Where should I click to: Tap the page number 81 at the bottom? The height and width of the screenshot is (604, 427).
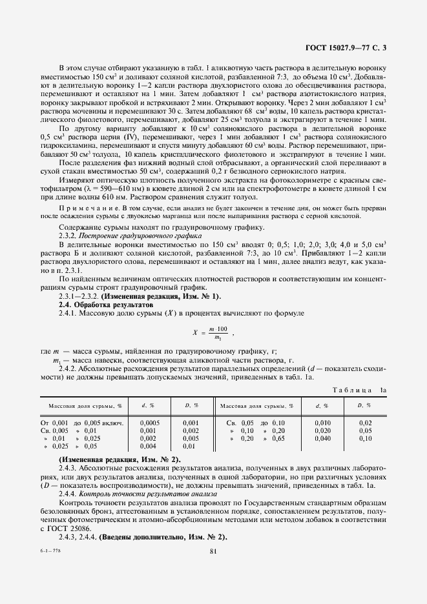(x=213, y=550)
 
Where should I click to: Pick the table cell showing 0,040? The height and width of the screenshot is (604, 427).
(x=322, y=438)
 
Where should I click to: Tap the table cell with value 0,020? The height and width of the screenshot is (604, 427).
(x=322, y=430)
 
